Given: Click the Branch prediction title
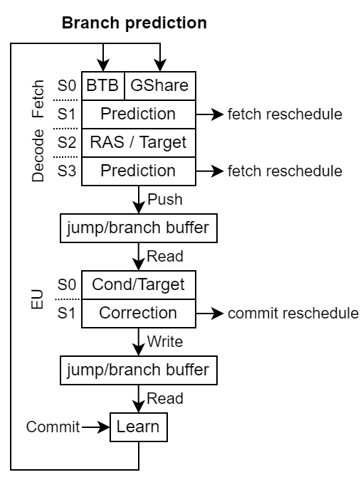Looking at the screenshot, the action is (x=134, y=23).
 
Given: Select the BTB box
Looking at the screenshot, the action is (x=103, y=86).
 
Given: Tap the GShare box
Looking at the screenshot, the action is (x=160, y=86).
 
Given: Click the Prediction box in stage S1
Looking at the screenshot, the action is (x=139, y=114).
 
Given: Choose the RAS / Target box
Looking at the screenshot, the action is (x=139, y=143).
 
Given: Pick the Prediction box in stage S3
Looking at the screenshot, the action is (x=139, y=171).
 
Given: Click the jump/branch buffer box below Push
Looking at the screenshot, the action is (x=139, y=228).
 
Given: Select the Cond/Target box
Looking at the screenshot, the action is (x=139, y=285).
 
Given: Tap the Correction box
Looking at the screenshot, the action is (x=139, y=314).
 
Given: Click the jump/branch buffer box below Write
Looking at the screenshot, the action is (x=139, y=370).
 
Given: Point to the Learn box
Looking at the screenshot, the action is (x=139, y=427).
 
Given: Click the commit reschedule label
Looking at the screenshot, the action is (x=293, y=314).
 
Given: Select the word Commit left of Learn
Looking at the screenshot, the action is (x=53, y=427).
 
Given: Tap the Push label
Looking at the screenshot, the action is (x=165, y=199).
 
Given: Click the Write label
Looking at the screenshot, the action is (x=165, y=341).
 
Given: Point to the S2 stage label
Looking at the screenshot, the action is (x=66, y=143).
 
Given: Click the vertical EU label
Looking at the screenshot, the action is (x=37, y=299).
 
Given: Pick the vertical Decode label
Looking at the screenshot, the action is (x=38, y=156).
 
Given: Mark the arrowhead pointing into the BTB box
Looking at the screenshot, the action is (x=103, y=65).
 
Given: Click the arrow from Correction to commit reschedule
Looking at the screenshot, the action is (x=210, y=314).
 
